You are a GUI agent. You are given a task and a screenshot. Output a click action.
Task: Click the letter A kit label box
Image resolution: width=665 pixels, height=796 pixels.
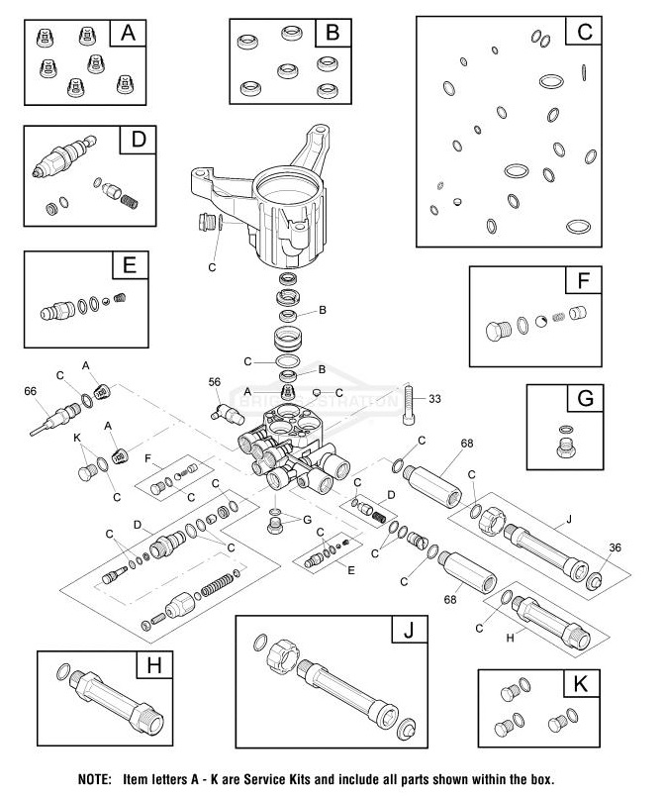coord(126,33)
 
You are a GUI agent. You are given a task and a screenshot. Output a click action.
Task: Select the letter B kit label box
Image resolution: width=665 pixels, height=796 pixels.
coord(332,33)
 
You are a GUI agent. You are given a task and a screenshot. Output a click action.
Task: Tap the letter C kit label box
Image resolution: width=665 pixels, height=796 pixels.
coord(584,32)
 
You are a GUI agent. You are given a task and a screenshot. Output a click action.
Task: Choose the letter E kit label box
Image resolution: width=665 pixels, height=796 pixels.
coord(130,266)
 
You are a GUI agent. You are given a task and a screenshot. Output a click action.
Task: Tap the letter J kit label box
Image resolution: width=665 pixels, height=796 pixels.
coord(407,630)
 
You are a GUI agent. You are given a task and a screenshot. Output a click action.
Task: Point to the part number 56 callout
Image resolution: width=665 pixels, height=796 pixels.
coord(214,382)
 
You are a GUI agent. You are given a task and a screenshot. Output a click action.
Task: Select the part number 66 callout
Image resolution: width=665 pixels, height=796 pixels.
coord(30,391)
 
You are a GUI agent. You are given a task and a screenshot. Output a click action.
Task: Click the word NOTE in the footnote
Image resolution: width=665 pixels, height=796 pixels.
coord(95,778)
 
